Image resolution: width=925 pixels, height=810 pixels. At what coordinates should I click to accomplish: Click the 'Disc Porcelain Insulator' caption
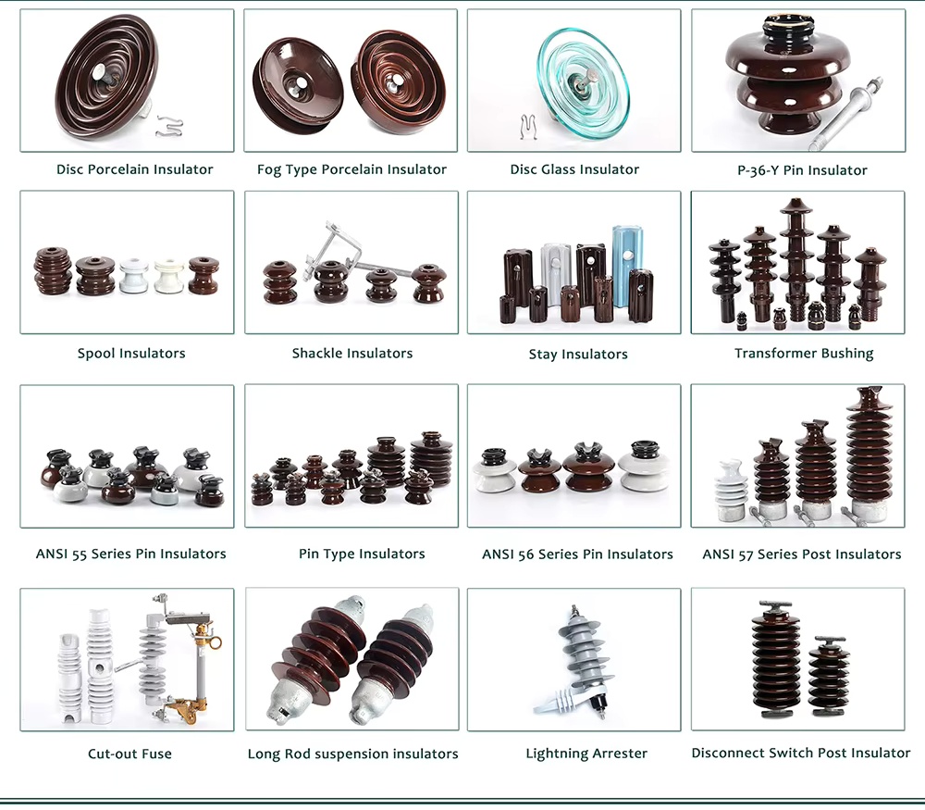coord(134,169)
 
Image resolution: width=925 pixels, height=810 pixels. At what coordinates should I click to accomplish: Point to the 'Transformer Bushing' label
coord(804,353)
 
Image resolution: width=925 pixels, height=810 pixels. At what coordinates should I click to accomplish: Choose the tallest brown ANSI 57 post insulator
coord(868,454)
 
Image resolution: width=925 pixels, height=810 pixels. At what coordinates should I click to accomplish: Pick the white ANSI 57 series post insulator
coord(731,492)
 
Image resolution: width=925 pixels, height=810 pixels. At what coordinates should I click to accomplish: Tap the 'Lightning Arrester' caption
coord(586,754)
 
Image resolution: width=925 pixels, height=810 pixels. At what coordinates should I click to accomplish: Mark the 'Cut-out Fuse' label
coord(129,754)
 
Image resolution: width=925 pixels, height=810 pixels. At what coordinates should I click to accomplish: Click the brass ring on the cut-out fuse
coord(216,642)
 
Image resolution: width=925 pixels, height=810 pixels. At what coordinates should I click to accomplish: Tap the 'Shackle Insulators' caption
coord(352,353)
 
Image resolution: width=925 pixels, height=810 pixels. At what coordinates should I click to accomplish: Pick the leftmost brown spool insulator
coord(53,271)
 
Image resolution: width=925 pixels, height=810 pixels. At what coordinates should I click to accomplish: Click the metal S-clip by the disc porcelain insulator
coord(169,126)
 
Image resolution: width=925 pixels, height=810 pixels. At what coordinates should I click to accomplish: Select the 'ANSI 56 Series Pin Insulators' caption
coord(577,555)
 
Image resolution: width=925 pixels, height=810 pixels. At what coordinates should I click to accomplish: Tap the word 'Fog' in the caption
coord(268,170)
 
